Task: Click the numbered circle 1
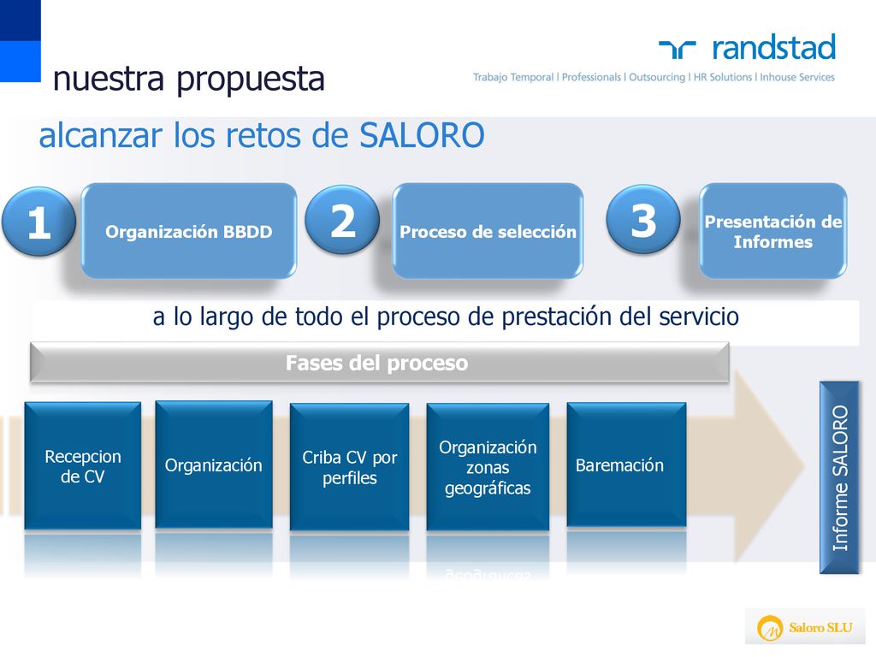tap(38, 222)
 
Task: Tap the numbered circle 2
tap(342, 220)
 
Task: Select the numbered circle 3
tap(643, 219)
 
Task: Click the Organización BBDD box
tap(189, 231)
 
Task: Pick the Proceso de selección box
tap(488, 231)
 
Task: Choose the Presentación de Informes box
tap(773, 231)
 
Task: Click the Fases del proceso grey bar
tap(379, 363)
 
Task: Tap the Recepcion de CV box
tap(83, 466)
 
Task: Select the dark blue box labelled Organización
tap(214, 465)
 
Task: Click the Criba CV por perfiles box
tap(350, 467)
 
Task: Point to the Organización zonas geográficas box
tap(488, 467)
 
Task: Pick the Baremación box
tap(626, 465)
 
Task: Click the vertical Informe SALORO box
tap(839, 477)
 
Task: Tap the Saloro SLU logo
tap(805, 627)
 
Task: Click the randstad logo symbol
tap(678, 49)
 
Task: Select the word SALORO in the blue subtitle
tap(422, 135)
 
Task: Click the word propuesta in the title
tap(251, 80)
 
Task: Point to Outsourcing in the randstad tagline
tap(657, 77)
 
